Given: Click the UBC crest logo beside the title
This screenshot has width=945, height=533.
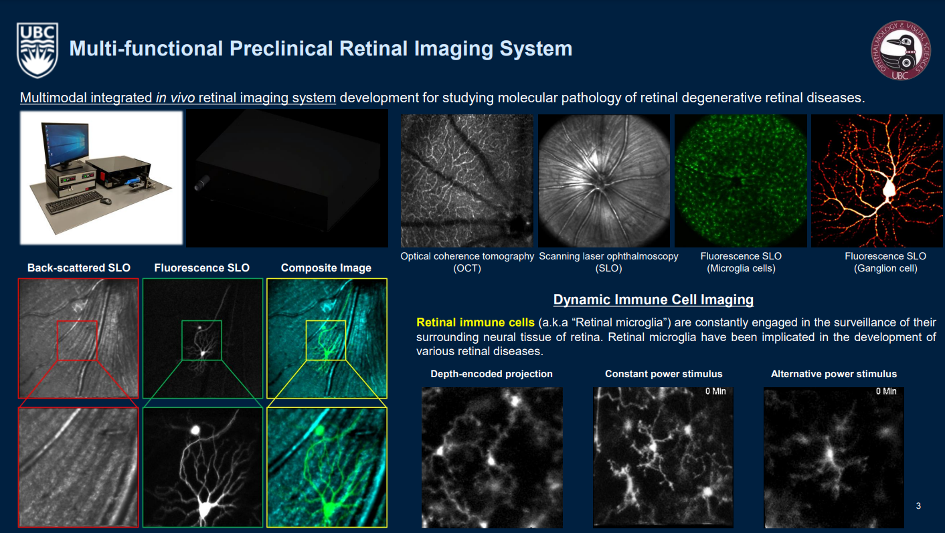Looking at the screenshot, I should [37, 50].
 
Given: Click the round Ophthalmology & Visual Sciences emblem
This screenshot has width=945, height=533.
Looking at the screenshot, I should [900, 50].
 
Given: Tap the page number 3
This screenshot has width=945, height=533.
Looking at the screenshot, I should [918, 506].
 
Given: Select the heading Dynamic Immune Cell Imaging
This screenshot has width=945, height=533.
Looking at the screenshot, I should [653, 300].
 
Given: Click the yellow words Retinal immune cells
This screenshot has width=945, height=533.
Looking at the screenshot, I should [475, 323].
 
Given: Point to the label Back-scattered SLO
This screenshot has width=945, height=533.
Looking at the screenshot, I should [79, 268].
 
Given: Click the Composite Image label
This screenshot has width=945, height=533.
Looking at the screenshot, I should [326, 268].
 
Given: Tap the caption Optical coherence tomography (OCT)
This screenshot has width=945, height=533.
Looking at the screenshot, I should [467, 262].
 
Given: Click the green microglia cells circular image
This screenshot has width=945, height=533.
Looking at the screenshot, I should [740, 181].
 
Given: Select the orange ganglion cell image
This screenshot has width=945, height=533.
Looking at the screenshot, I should [877, 181].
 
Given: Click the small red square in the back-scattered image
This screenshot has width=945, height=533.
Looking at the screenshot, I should [77, 340].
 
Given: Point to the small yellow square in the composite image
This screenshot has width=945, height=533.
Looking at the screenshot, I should [326, 340].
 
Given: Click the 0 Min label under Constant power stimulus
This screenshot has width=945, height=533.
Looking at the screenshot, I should [715, 391].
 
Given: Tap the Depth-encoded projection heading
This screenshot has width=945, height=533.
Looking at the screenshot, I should [491, 374].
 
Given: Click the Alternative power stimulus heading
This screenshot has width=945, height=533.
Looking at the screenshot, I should [833, 374].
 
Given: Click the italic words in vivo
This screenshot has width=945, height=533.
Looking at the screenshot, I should [175, 98].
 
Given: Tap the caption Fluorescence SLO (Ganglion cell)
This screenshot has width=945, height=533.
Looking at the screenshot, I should [885, 262].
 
